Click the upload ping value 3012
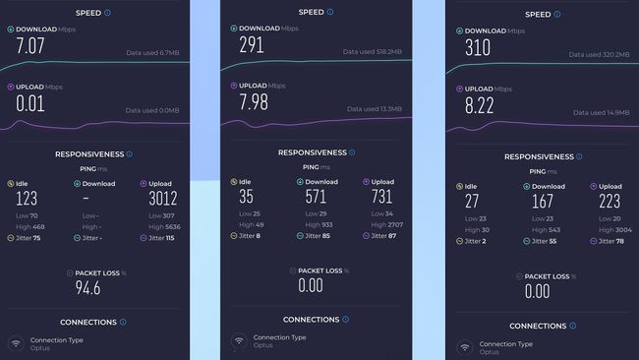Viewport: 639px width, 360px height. [163, 200]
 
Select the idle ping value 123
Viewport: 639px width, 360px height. [28, 200]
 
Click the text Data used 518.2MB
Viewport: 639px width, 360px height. [375, 51]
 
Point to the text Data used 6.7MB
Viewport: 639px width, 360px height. [151, 52]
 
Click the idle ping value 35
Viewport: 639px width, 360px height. [245, 197]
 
